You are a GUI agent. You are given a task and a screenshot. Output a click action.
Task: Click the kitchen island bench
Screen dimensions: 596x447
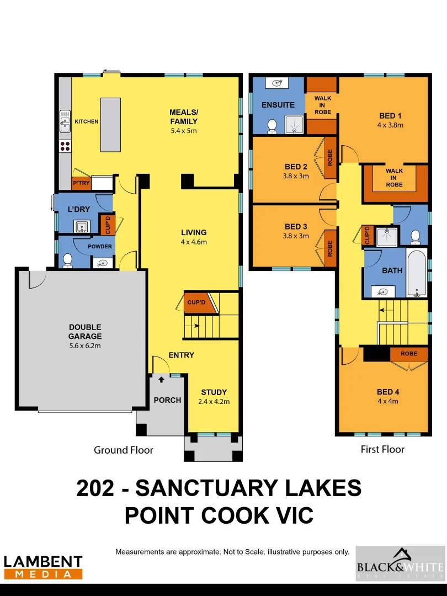point(110,124)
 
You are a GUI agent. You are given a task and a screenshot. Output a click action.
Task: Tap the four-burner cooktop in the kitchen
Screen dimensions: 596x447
point(65,146)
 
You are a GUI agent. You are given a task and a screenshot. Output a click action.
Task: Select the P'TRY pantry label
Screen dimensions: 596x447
point(81,183)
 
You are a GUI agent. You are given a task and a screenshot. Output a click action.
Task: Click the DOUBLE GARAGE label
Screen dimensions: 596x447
point(85,332)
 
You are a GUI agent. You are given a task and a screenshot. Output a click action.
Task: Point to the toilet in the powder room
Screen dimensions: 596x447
point(68,259)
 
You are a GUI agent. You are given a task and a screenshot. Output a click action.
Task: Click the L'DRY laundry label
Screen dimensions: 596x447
point(78,210)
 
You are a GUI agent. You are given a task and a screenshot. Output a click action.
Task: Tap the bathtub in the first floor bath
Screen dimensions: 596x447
point(417,273)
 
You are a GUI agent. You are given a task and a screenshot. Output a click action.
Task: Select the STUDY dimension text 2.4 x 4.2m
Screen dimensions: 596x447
point(214,401)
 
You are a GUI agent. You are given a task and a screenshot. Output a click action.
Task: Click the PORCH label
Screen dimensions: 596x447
point(167,400)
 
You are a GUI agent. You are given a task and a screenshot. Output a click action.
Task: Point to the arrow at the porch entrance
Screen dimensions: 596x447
point(161,379)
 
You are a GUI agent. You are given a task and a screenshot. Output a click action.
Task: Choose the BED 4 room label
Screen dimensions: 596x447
point(388,392)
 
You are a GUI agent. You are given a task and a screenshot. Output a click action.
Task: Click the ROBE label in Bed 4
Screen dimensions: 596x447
point(409,353)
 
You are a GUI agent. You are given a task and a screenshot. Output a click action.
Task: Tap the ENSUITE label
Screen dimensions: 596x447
point(278,105)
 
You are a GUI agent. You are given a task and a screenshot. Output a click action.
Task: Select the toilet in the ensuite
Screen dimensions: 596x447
point(272,126)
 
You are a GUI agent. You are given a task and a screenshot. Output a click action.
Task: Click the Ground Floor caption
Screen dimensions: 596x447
point(124,450)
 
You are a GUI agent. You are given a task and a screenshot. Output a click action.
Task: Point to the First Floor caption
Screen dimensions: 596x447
point(382,449)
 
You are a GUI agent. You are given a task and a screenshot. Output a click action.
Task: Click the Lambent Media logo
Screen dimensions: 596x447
point(43,567)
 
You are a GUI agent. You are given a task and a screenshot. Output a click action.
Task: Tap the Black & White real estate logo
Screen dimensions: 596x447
point(400,563)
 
